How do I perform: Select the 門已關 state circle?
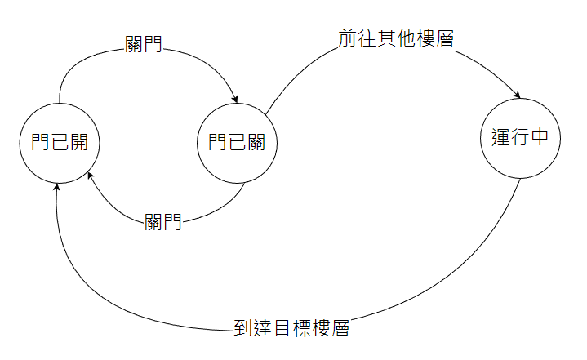coord(237,143)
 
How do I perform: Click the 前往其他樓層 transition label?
coord(396,39)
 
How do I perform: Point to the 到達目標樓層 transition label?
coord(291,329)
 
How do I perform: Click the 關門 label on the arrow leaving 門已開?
coord(143,44)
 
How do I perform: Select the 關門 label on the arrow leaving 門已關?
coord(162,222)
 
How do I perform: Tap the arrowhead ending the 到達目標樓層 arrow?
coord(57,186)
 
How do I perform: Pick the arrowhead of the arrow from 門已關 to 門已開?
coord(91,176)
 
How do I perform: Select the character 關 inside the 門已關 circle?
coord(256,143)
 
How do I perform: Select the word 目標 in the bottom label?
coord(291,329)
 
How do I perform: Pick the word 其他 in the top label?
coord(396,39)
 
